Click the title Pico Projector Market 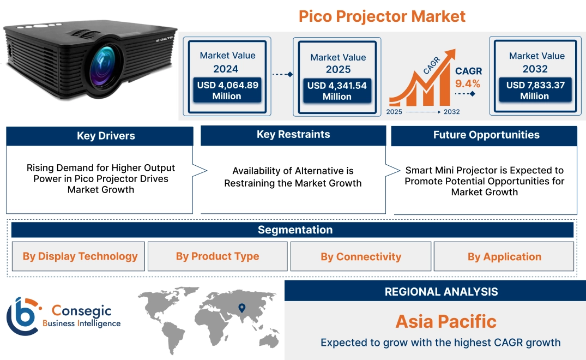click(382, 16)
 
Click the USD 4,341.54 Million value click(337, 91)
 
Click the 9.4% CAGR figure click(468, 84)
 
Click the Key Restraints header click(293, 135)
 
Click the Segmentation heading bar click(295, 230)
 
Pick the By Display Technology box click(80, 256)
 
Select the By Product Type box click(218, 256)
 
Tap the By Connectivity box click(361, 257)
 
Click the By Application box click(504, 257)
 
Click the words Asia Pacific click(446, 321)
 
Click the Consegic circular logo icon click(22, 316)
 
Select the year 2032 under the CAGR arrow click(451, 112)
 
